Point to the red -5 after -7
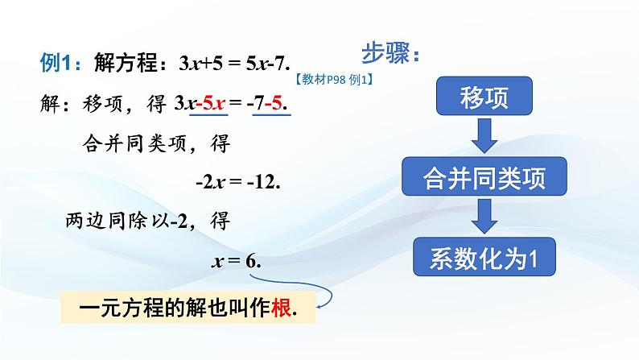click(x=279, y=104)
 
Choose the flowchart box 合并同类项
click(x=484, y=177)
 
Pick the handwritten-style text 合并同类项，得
click(x=156, y=143)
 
